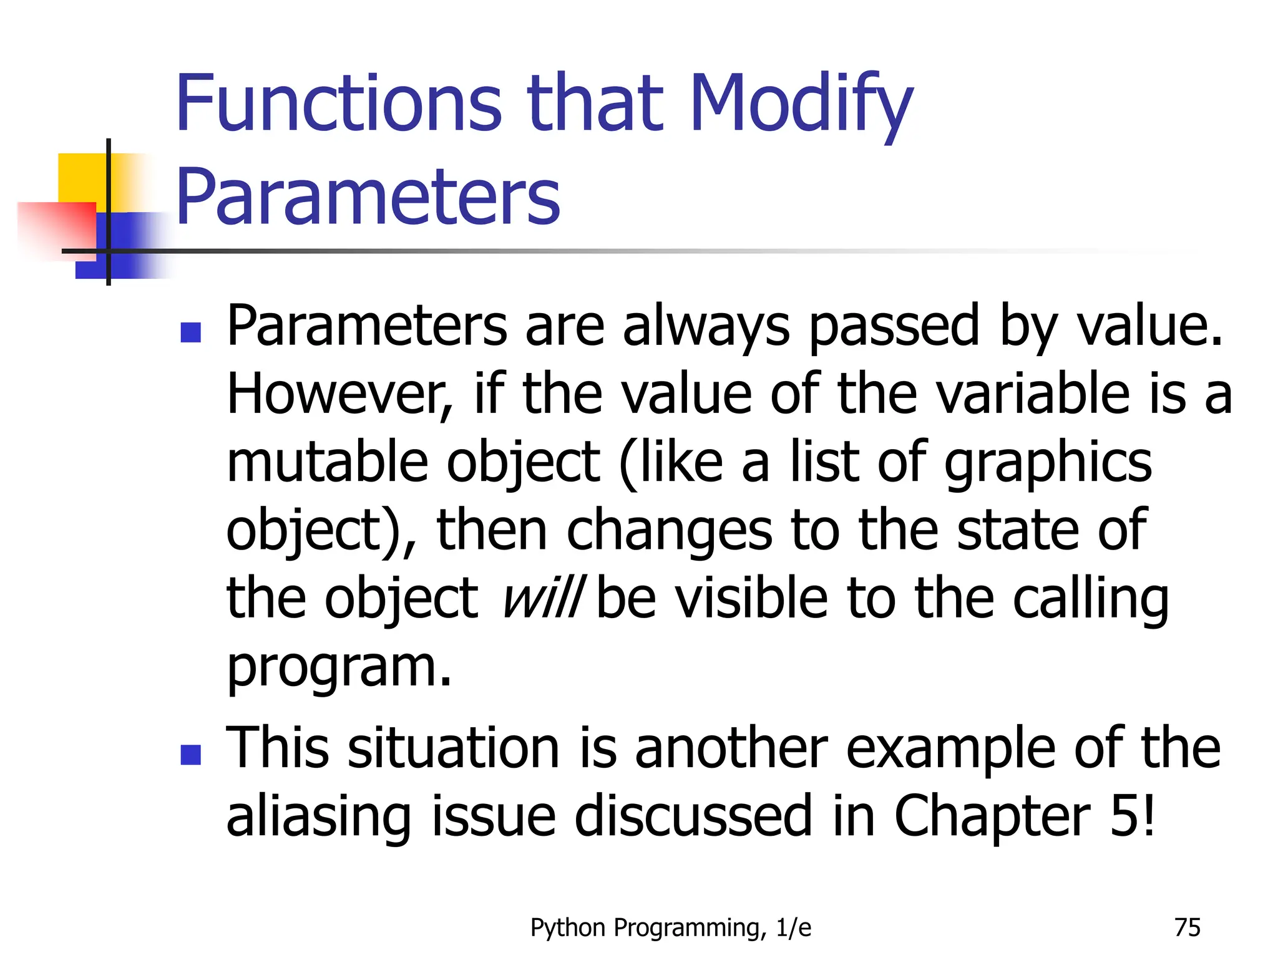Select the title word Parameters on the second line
coord(368,198)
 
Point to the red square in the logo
coord(56,228)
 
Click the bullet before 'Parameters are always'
coord(190,332)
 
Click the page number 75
coord(1187,927)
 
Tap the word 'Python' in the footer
coord(568,928)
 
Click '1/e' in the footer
coord(794,928)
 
